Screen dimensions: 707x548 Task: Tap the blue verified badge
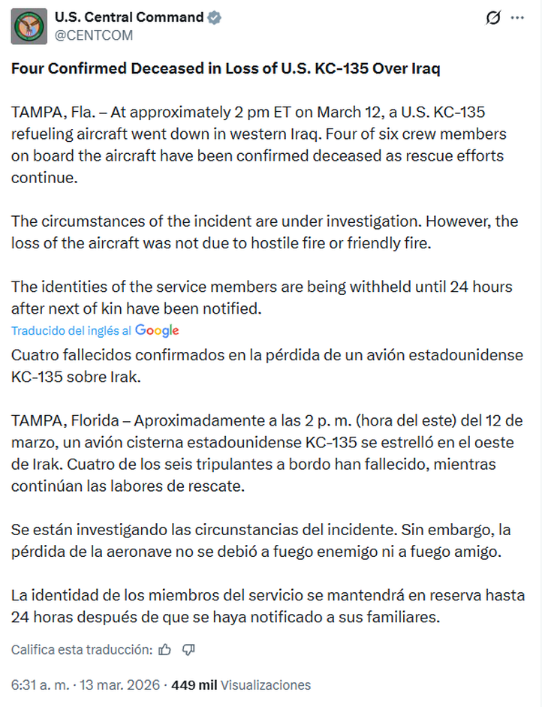point(215,17)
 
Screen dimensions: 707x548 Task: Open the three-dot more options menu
point(517,18)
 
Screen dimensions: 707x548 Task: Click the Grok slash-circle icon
point(492,18)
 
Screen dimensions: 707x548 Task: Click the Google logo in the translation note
point(157,330)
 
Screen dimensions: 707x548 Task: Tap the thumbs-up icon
point(165,649)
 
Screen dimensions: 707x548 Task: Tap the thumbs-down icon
point(188,649)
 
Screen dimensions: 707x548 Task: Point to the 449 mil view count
point(194,684)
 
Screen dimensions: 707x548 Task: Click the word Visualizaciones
point(266,684)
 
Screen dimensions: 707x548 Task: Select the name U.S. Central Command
point(129,17)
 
